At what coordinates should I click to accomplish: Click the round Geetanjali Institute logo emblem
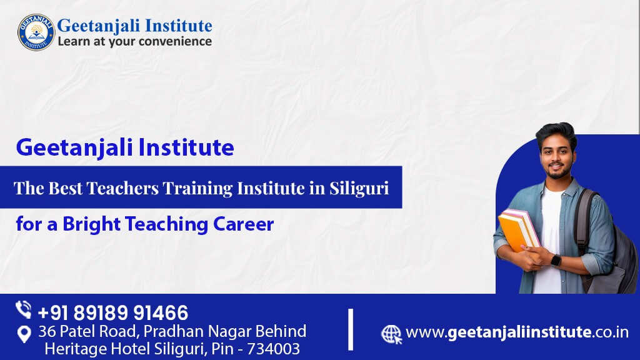click(36, 32)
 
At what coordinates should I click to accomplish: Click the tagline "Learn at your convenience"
click(134, 42)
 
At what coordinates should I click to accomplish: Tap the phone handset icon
click(24, 310)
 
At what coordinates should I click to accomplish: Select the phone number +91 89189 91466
click(112, 312)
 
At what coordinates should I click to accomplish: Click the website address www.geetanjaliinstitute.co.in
click(517, 332)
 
